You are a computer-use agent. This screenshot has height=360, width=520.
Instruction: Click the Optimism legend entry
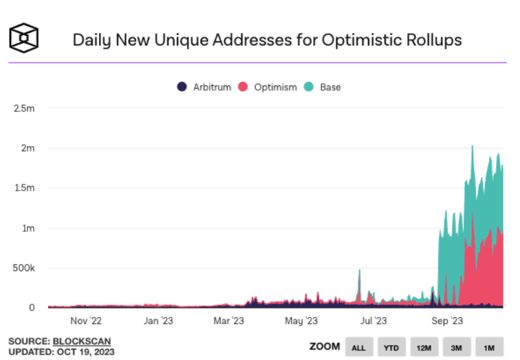268,87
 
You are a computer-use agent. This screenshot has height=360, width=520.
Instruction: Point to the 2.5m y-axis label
24,108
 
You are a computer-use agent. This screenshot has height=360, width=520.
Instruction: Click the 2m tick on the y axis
28,148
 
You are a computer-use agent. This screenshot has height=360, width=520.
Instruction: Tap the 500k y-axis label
23,268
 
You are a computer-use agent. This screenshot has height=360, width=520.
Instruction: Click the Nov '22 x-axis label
86,321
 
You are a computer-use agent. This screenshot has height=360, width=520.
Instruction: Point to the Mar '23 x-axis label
229,321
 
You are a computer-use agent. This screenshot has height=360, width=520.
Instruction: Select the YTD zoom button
391,347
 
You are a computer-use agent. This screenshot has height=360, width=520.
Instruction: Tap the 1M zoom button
489,347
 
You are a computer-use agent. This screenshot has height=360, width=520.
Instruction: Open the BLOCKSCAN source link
81,341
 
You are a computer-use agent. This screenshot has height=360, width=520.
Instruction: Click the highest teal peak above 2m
472,147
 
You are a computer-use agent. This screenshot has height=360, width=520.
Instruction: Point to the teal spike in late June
359,271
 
